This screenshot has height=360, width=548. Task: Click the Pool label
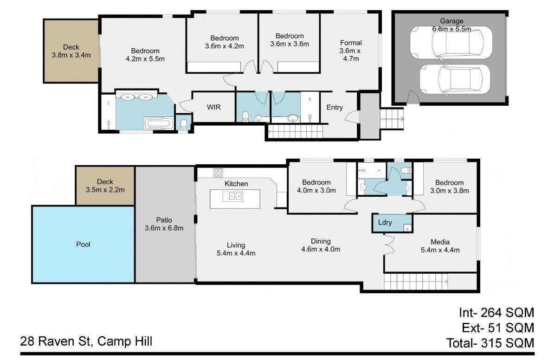(83, 244)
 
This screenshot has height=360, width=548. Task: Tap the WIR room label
(213, 107)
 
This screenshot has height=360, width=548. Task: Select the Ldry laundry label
(385, 223)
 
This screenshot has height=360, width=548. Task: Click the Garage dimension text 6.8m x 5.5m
(451, 29)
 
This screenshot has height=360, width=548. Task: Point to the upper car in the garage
(451, 42)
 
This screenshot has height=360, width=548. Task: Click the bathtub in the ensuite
(158, 124)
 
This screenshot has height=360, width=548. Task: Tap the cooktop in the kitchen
(219, 173)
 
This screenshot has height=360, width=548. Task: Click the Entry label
(335, 108)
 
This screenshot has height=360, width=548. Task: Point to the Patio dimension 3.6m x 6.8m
(164, 228)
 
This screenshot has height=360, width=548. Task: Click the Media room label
(440, 242)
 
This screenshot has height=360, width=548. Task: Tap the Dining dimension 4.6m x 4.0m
(321, 249)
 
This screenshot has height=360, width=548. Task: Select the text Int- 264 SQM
(496, 312)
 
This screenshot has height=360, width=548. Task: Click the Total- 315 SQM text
(490, 343)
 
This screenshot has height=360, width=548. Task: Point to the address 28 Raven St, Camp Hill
(86, 341)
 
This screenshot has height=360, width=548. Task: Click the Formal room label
(351, 43)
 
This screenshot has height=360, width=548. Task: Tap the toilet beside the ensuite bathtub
(183, 124)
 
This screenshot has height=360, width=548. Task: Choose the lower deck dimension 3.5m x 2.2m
(105, 190)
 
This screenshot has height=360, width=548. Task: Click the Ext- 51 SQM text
(498, 328)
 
